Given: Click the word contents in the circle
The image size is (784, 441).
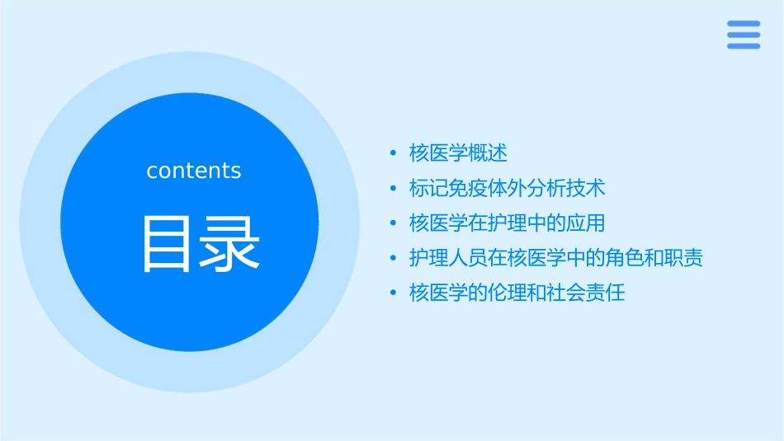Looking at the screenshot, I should click(x=194, y=171).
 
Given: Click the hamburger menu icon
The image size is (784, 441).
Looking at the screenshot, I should click(x=743, y=35).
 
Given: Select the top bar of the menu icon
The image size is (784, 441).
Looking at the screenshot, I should click(x=743, y=24).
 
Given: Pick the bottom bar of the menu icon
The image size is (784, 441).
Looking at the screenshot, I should click(x=743, y=45).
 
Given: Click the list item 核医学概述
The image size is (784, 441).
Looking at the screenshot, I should click(x=458, y=153).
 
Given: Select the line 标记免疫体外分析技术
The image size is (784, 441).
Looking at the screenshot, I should click(x=507, y=188).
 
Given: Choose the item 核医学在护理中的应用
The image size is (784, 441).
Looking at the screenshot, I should click(x=507, y=223).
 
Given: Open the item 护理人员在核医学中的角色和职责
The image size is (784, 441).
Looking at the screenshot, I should click(x=555, y=258).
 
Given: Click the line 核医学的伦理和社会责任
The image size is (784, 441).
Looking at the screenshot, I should click(x=517, y=293).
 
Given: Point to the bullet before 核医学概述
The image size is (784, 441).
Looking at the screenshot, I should click(x=393, y=154).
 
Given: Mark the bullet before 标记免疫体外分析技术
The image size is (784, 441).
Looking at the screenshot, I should click(x=393, y=189).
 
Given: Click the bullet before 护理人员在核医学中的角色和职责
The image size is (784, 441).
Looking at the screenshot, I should click(x=393, y=259).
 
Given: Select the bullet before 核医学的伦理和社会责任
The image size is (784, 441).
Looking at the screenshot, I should click(x=393, y=293).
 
